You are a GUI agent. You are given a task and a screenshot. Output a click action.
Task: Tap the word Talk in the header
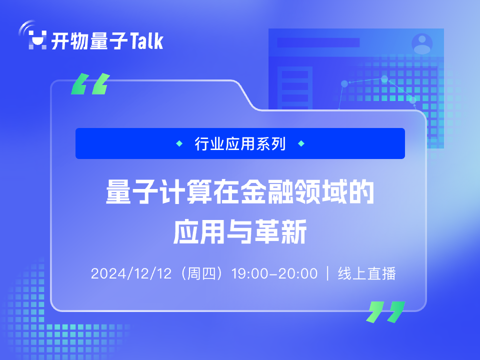tap(146, 40)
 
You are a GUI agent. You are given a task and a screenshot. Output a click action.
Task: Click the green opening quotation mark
tap(90, 83)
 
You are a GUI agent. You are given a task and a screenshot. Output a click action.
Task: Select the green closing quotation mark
tap(385, 312)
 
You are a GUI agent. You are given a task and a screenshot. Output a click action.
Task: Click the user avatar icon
tap(422, 44)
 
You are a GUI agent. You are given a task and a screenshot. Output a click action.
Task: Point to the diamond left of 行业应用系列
tap(179, 143)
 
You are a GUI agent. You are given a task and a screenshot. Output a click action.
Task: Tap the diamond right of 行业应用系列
tap(301, 143)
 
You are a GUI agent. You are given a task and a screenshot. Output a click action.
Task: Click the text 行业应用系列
tap(240, 143)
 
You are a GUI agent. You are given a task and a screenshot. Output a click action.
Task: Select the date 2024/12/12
tap(131, 273)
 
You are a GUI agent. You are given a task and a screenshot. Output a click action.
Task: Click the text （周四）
tap(201, 273)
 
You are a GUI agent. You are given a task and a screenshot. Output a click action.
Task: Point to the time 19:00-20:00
tap(274, 273)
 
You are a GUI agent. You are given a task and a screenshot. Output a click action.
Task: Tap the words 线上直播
tap(366, 273)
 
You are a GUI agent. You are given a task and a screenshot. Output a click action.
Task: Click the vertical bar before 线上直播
tap(328, 273)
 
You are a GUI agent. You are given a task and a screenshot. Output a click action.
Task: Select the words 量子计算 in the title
tap(159, 191)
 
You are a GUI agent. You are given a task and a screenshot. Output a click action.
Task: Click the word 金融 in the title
tap(266, 191)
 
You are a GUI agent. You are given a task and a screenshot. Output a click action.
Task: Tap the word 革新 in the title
tap(280, 231)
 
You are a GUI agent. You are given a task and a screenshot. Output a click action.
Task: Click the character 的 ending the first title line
tap(361, 191)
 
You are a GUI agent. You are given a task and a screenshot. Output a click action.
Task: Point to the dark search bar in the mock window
tap(318, 42)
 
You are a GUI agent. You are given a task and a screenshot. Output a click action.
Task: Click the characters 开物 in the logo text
tap(69, 40)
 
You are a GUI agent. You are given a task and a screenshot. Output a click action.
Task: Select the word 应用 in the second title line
tap(200, 231)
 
